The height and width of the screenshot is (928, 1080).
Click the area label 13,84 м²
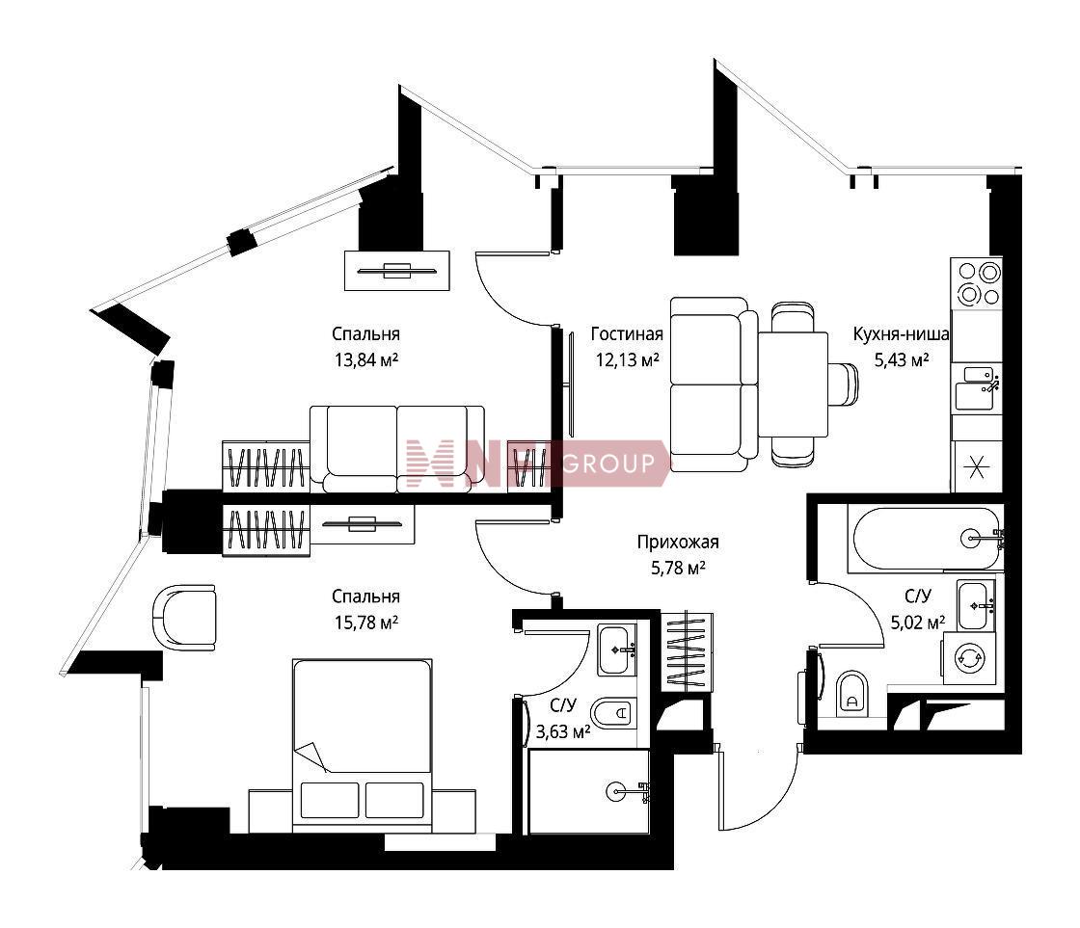pyautogui.click(x=365, y=360)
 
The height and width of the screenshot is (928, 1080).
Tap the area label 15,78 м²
pyautogui.click(x=365, y=623)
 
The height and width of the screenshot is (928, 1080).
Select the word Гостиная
pyautogui.click(x=627, y=334)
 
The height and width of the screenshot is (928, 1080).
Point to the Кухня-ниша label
pyautogui.click(x=901, y=334)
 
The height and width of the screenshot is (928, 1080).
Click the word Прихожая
pyautogui.click(x=678, y=543)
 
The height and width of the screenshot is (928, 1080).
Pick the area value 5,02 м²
pyautogui.click(x=917, y=623)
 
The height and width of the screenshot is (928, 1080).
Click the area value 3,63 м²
pyautogui.click(x=563, y=731)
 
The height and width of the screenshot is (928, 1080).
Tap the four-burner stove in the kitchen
pyautogui.click(x=977, y=283)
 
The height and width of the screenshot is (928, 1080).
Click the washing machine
pyautogui.click(x=969, y=659)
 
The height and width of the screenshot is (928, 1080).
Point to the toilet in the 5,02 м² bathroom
pyautogui.click(x=851, y=694)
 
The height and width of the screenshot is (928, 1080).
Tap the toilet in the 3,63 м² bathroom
pyautogui.click(x=613, y=714)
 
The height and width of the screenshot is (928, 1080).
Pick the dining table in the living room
pyautogui.click(x=794, y=384)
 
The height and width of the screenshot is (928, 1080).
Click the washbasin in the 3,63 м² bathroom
pyautogui.click(x=616, y=650)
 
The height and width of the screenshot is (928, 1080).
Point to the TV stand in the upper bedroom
pyautogui.click(x=396, y=271)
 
